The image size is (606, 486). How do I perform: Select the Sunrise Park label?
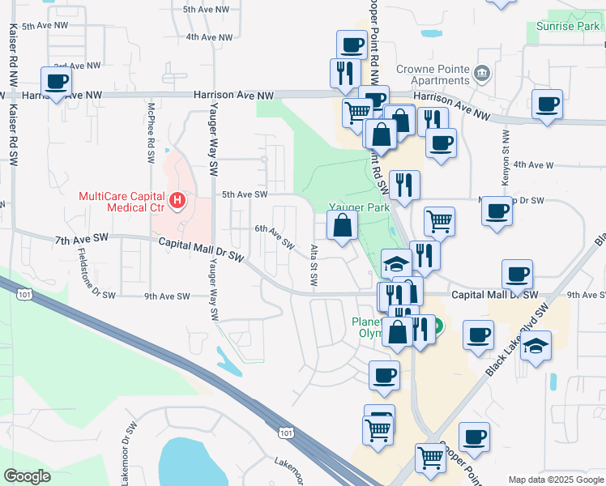(568, 27)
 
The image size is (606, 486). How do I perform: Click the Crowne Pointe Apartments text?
(433, 75)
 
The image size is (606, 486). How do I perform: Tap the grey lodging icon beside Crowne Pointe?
(482, 75)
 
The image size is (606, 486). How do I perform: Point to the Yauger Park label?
(359, 207)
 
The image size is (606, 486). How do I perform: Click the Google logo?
(27, 475)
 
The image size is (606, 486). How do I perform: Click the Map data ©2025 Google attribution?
(555, 480)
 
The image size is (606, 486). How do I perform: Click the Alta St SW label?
(314, 265)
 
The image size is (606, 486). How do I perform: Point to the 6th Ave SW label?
(274, 237)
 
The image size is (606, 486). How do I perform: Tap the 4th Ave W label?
(533, 165)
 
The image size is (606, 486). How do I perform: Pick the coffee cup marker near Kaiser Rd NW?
(56, 82)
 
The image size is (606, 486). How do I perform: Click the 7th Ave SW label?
(81, 241)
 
